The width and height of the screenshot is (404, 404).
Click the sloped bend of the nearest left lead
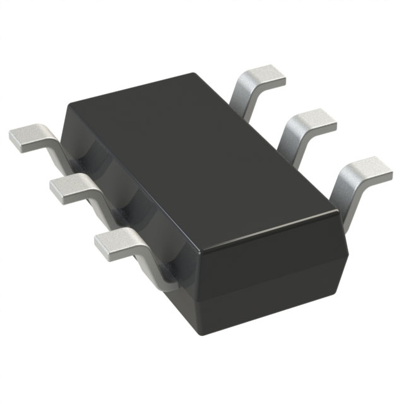tap(151, 265)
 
